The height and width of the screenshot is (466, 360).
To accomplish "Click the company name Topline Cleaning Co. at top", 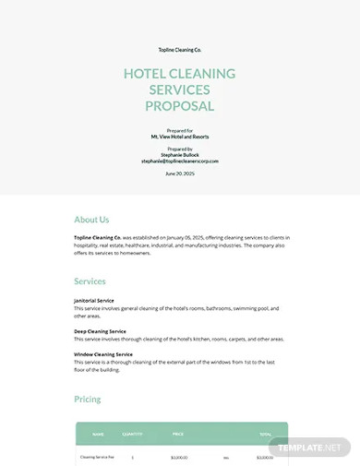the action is click(180, 49).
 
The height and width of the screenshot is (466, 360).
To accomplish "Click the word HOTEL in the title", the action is click(147, 74).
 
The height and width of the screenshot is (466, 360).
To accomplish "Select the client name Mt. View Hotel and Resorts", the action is click(180, 136).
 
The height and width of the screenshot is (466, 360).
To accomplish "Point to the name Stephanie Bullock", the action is click(180, 154).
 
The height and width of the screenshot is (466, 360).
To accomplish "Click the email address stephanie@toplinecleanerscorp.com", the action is click(180, 161).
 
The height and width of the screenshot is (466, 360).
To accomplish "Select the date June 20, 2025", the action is click(180, 173).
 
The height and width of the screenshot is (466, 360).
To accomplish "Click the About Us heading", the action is click(91, 220).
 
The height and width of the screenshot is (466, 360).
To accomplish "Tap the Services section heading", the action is click(90, 281).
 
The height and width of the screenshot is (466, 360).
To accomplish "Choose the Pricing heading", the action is click(88, 400).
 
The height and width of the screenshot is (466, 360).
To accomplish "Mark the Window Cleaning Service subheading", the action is click(103, 354).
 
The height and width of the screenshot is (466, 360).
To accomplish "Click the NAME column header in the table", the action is click(98, 434).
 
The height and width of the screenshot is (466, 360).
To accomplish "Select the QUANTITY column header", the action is click(133, 434).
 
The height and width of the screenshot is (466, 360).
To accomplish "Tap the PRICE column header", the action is click(178, 434).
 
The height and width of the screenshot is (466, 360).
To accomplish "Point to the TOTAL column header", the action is click(265, 434).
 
